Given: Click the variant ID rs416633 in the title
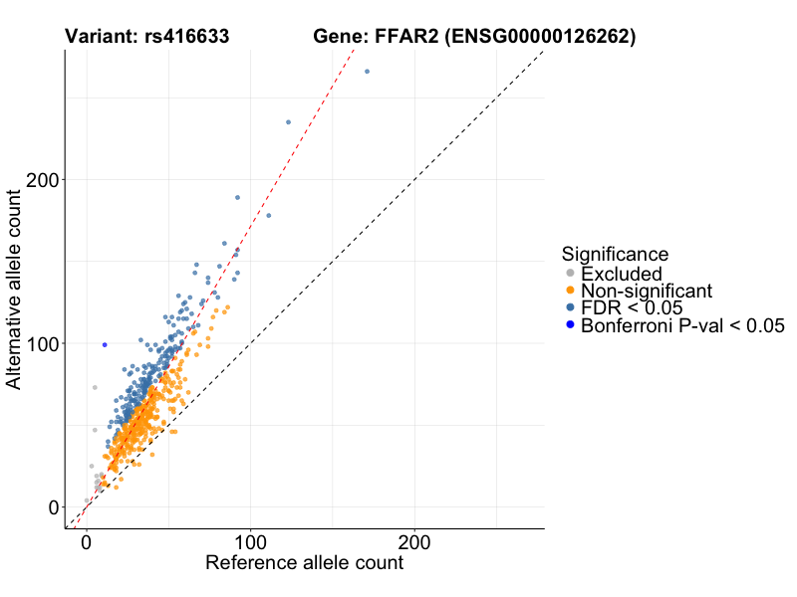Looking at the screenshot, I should [185, 37].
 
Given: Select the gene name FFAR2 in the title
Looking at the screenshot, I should [406, 37].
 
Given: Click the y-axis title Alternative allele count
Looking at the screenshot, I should [15, 291].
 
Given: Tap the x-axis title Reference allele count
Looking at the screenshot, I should [304, 563].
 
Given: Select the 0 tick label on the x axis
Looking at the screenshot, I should [88, 543].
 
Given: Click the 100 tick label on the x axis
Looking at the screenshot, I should [251, 543].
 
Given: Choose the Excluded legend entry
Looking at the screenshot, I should [622, 274].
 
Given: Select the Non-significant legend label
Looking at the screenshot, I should [647, 291].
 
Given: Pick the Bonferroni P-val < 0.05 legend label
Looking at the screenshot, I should [683, 325].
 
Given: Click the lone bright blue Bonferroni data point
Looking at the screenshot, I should [105, 344].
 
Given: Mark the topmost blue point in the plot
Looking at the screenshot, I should [367, 72].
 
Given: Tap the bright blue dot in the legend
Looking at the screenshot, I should [570, 325].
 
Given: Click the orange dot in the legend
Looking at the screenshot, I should [570, 291].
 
